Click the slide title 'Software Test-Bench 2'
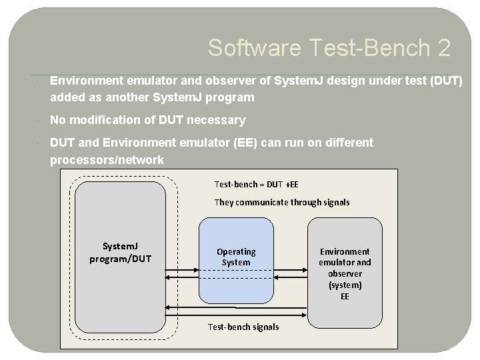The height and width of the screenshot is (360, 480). point(329,48)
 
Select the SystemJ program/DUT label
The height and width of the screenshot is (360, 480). point(121,253)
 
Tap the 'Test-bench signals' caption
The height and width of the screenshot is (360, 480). point(243,327)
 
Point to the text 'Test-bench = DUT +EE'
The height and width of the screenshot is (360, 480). point(257,183)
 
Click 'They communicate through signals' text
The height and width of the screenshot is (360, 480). point(281,202)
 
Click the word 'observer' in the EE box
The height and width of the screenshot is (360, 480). point(345,273)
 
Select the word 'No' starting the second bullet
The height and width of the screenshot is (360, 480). point(58,120)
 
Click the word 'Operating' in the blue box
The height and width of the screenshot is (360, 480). point(236,251)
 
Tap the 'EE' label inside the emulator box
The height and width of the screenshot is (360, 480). point(345,296)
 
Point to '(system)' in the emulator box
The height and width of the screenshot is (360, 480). point(345,285)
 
